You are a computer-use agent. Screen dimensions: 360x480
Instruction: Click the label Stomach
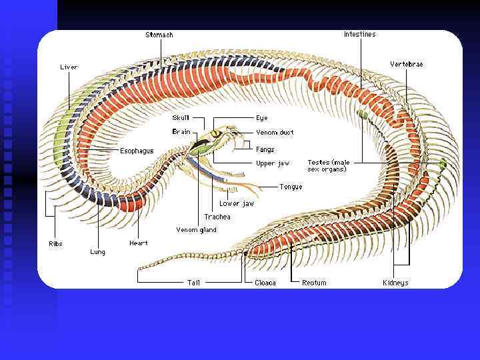[159, 35]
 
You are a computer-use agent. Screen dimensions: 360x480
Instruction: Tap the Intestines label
[359, 34]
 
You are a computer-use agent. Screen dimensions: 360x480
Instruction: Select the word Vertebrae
[406, 64]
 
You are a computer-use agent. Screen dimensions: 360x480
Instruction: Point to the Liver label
[69, 67]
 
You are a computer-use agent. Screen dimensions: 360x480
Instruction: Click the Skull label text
[181, 118]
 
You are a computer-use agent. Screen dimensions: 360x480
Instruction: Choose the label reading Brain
[181, 132]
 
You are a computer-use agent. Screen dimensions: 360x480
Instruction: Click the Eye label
[261, 118]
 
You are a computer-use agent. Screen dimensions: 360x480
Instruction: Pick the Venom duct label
[275, 133]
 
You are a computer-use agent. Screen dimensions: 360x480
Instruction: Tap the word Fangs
[265, 149]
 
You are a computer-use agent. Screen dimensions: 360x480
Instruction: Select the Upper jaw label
[273, 163]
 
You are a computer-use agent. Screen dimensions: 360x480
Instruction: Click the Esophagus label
[137, 151]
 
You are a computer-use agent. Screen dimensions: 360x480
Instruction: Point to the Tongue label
[291, 187]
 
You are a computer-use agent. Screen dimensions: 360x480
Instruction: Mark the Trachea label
[217, 217]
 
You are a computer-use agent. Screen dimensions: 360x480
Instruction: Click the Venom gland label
[196, 230]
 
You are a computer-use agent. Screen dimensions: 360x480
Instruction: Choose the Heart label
[139, 243]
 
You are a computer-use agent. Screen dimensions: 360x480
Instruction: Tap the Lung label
[97, 252]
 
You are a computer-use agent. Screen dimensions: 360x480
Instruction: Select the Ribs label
[55, 244]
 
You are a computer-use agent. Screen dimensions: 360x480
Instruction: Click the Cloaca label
[265, 283]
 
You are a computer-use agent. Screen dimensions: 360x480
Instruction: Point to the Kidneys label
[395, 283]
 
